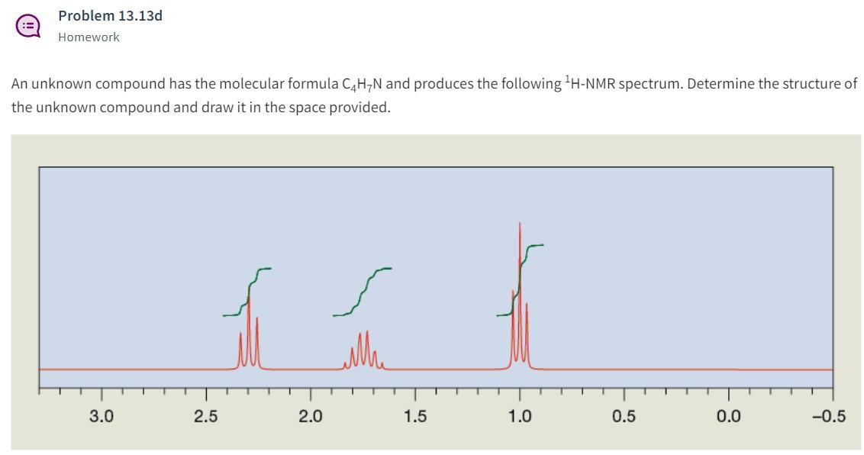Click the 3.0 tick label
click(x=101, y=416)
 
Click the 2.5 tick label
click(x=205, y=416)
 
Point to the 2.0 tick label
click(x=310, y=416)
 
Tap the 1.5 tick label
click(x=414, y=416)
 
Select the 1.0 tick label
click(x=520, y=416)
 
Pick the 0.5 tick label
click(x=624, y=416)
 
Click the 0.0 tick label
click(x=728, y=416)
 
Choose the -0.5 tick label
click(x=830, y=416)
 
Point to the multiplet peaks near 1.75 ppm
click(x=363, y=351)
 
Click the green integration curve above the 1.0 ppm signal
click(x=521, y=279)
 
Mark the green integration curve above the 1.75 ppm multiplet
click(x=363, y=293)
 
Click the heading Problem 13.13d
click(x=110, y=15)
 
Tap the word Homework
click(x=89, y=37)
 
